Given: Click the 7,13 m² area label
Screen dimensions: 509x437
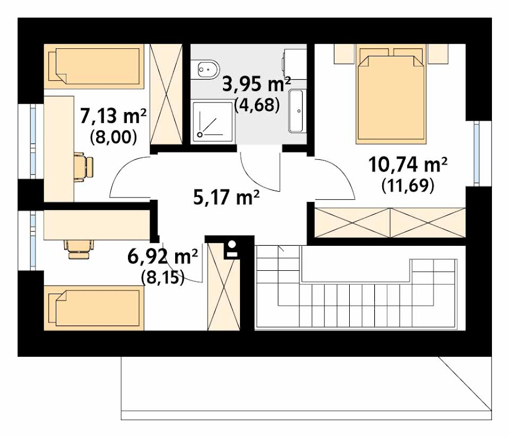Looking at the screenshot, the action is pos(113,117).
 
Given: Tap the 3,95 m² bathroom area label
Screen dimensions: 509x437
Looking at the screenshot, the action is pos(256,84).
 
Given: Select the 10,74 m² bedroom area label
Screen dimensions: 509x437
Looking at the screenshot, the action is pos(408,164).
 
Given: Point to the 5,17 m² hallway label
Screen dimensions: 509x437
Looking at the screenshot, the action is pos(226,197).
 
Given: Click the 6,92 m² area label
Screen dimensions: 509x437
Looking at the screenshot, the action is pos(162,257).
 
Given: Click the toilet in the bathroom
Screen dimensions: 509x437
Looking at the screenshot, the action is pos(205,69).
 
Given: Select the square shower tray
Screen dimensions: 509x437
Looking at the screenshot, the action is pos(213,122).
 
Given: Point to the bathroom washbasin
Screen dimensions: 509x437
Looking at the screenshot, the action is pos(296,111).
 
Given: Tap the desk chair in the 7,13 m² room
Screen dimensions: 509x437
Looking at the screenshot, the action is pos(84,167).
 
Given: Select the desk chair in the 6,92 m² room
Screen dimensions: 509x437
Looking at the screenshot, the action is pos(79,249).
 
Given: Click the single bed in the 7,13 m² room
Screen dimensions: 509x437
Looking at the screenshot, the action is pos(94,66).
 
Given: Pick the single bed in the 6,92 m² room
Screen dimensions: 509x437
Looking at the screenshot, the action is pos(94,308).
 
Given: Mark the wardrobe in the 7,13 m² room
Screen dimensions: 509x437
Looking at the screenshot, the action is pos(166,94).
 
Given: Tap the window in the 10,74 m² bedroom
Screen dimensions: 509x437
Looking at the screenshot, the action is pos(477,153).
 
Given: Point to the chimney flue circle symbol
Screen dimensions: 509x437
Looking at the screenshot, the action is pos(233,244).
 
